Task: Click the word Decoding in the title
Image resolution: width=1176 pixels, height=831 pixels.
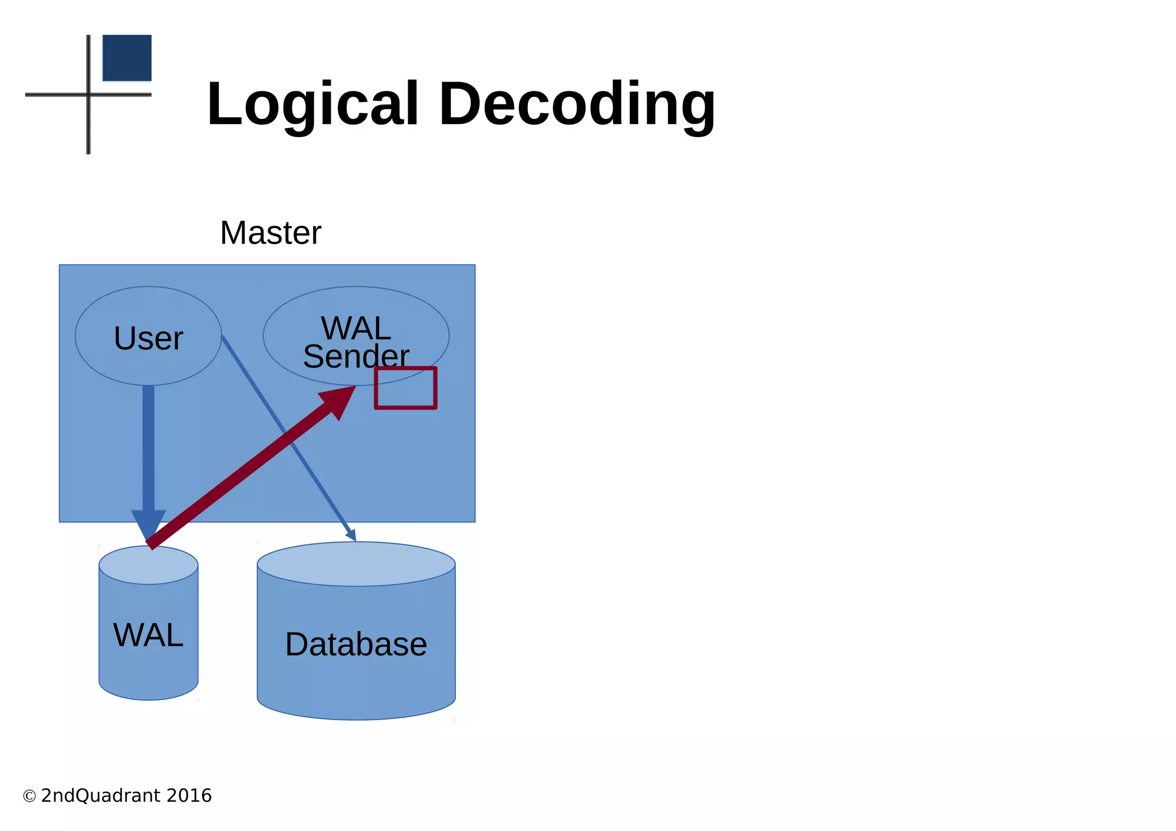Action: pyautogui.click(x=577, y=105)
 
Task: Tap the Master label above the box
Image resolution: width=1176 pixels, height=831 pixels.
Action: pyautogui.click(x=270, y=233)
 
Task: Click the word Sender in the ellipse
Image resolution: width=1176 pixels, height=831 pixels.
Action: pyautogui.click(x=356, y=357)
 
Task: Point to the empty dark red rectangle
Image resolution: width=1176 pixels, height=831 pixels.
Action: pyautogui.click(x=405, y=389)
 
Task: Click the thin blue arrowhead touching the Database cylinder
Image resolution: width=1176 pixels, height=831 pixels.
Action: pyautogui.click(x=351, y=535)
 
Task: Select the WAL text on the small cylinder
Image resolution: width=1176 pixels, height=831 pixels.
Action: pyautogui.click(x=148, y=635)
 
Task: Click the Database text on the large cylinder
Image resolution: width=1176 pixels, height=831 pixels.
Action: pyautogui.click(x=356, y=644)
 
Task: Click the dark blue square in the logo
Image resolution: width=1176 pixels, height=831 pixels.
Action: pyautogui.click(x=127, y=58)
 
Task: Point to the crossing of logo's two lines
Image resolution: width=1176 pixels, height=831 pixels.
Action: pyautogui.click(x=88, y=94)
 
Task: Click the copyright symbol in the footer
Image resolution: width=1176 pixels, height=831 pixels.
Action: pyautogui.click(x=29, y=797)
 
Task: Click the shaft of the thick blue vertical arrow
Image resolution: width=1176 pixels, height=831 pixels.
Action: pyautogui.click(x=148, y=448)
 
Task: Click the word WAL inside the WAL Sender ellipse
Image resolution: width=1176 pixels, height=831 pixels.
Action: pyautogui.click(x=356, y=328)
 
